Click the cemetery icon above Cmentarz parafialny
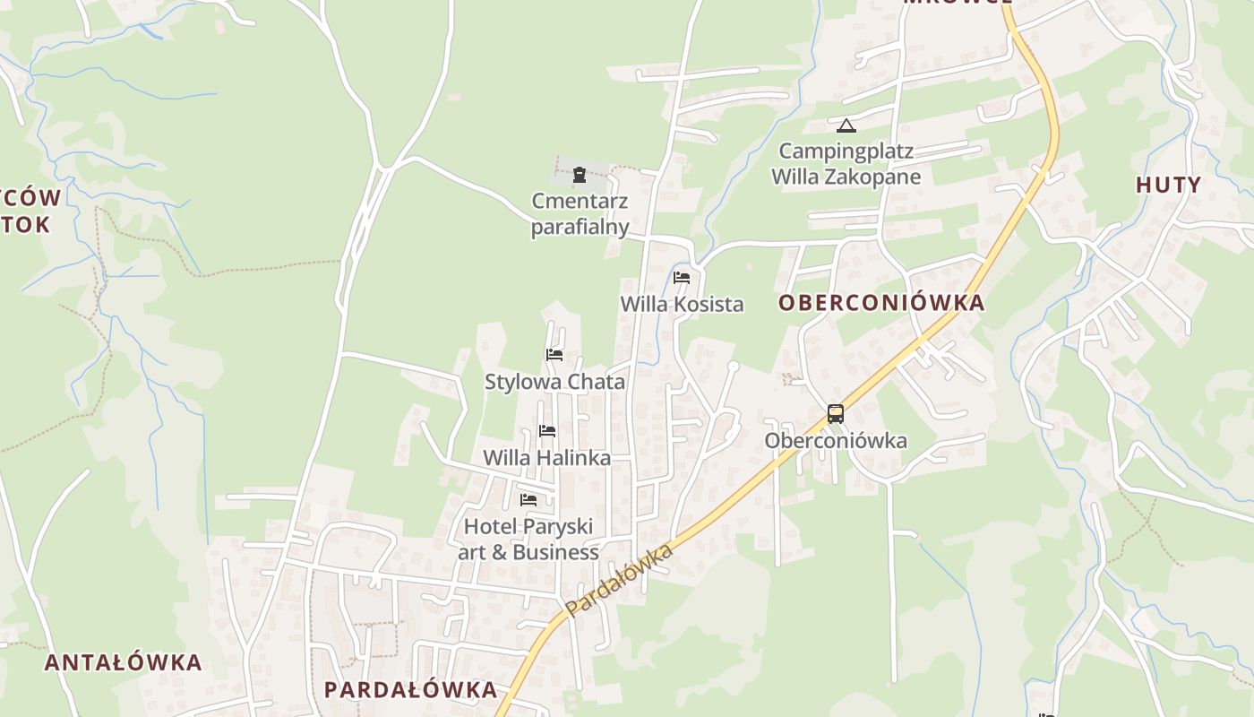pyautogui.click(x=579, y=174)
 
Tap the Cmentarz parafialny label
pyautogui.click(x=580, y=213)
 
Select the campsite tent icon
pyautogui.click(x=846, y=125)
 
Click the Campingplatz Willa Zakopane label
pyautogui.click(x=846, y=163)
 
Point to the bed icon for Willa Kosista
pyautogui.click(x=682, y=278)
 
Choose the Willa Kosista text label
pyautogui.click(x=682, y=304)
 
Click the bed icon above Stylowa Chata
pyautogui.click(x=554, y=355)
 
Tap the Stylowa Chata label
pyautogui.click(x=554, y=382)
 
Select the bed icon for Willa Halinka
pyautogui.click(x=547, y=431)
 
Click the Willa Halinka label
pyautogui.click(x=546, y=458)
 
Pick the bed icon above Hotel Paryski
pyautogui.click(x=528, y=500)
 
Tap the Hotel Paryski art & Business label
pyautogui.click(x=528, y=540)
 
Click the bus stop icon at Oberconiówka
pyautogui.click(x=836, y=414)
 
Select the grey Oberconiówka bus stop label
pyautogui.click(x=835, y=441)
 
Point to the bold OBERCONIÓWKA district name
pyautogui.click(x=881, y=303)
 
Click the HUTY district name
pyautogui.click(x=1168, y=186)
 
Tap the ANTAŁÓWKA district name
pyautogui.click(x=124, y=663)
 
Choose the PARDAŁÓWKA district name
pyautogui.click(x=410, y=690)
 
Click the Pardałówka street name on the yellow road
pyautogui.click(x=619, y=581)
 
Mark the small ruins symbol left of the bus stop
pyautogui.click(x=787, y=379)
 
